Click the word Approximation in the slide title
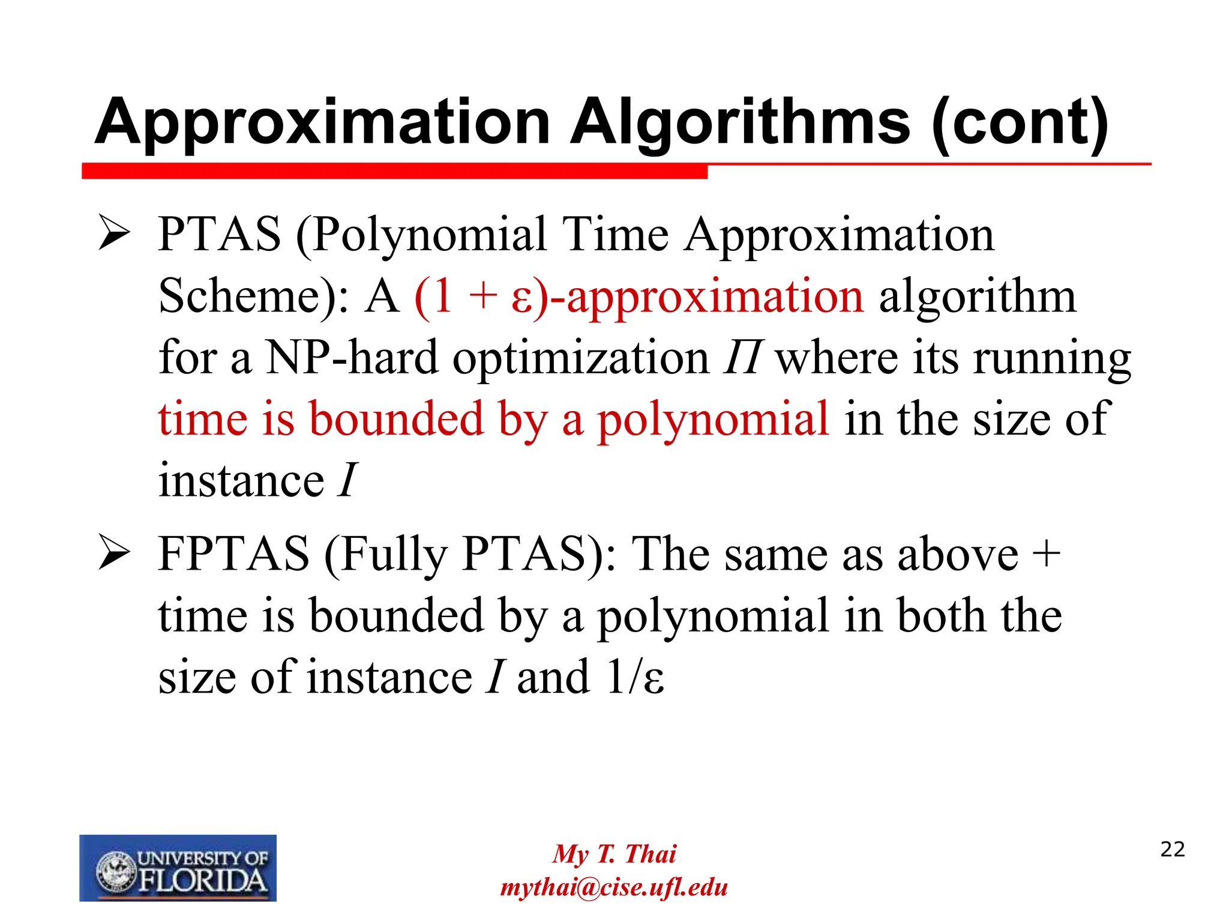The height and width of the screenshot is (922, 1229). point(322,123)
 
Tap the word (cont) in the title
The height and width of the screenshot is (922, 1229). point(1020,123)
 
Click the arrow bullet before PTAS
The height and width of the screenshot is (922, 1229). point(114,234)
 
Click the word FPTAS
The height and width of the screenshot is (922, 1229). point(233,553)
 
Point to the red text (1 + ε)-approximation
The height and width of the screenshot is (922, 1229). point(639,297)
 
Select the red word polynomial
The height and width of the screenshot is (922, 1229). point(713,419)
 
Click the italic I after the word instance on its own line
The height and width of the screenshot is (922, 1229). point(347,480)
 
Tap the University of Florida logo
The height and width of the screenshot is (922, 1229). point(178,868)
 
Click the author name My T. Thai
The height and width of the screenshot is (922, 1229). point(614,854)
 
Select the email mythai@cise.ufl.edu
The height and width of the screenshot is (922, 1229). point(614,887)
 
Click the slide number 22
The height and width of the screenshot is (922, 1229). point(1172,849)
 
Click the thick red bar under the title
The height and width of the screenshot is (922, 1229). point(394,171)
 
